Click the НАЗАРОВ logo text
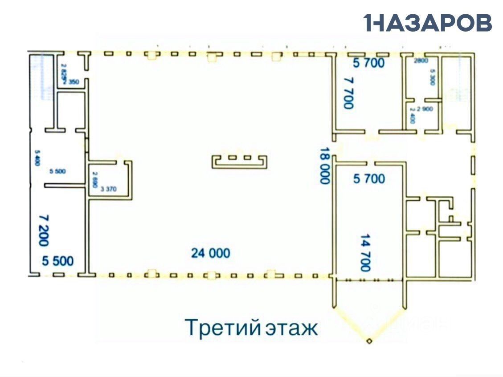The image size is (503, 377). (x=428, y=23)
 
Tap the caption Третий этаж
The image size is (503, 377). (x=251, y=328)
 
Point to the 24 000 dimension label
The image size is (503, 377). (x=211, y=253)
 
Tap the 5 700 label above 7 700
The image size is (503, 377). (x=368, y=64)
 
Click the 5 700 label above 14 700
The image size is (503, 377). (x=368, y=179)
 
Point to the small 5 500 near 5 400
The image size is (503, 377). (x=58, y=171)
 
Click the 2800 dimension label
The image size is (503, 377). (x=421, y=61)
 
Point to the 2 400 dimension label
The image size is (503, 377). (x=412, y=118)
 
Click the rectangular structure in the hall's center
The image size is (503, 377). (x=239, y=161)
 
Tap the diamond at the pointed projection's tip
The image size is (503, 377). (x=369, y=341)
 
